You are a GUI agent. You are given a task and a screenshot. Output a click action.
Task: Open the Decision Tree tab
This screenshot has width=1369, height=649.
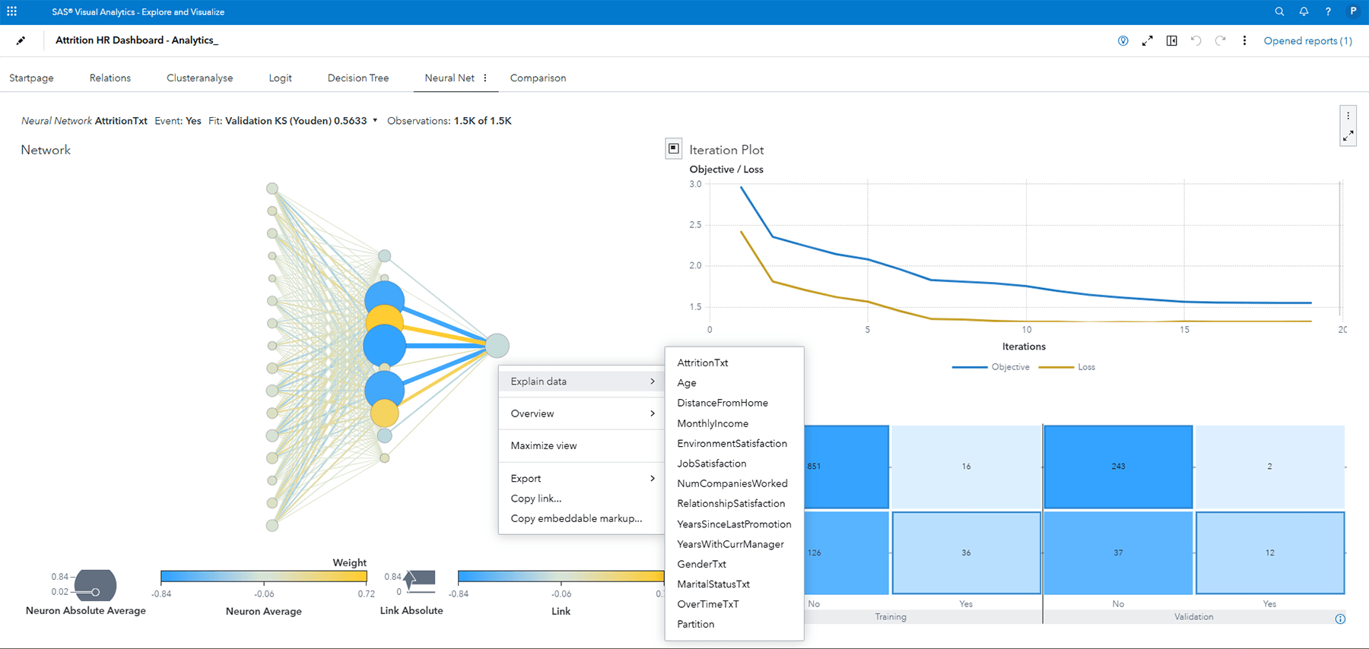(x=357, y=78)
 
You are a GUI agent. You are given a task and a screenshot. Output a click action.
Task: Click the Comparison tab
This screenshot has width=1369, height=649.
(x=538, y=78)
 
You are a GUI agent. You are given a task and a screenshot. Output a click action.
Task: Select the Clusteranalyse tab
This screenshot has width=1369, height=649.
(x=199, y=78)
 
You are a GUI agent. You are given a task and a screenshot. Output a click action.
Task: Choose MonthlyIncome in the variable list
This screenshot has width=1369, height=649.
(x=713, y=423)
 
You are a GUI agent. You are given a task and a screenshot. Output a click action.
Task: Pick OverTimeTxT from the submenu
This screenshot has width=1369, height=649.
(x=707, y=604)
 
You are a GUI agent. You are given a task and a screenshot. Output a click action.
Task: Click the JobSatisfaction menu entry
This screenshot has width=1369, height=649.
(x=711, y=464)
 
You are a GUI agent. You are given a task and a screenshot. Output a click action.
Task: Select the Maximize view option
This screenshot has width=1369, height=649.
(x=544, y=446)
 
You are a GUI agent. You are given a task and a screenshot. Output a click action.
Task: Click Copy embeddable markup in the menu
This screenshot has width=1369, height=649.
(x=576, y=518)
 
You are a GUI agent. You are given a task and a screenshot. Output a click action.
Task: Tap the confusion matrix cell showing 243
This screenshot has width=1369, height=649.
(x=1117, y=467)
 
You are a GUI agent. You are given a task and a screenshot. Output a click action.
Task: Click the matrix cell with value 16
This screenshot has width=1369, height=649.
(x=966, y=467)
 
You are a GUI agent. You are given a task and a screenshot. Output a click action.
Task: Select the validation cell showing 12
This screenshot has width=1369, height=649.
(x=1269, y=552)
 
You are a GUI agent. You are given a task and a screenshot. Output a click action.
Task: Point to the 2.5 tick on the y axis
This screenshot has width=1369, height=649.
(x=695, y=225)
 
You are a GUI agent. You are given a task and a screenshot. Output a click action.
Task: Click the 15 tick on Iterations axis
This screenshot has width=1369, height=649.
(x=1184, y=330)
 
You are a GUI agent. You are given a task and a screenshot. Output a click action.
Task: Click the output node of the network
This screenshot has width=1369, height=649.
(x=497, y=346)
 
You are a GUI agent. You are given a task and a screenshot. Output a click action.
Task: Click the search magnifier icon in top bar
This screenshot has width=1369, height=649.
(x=1279, y=11)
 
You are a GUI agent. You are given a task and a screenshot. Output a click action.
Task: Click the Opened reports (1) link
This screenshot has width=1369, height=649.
(x=1307, y=41)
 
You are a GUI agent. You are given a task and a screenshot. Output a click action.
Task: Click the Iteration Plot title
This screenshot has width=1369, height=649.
(x=726, y=150)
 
